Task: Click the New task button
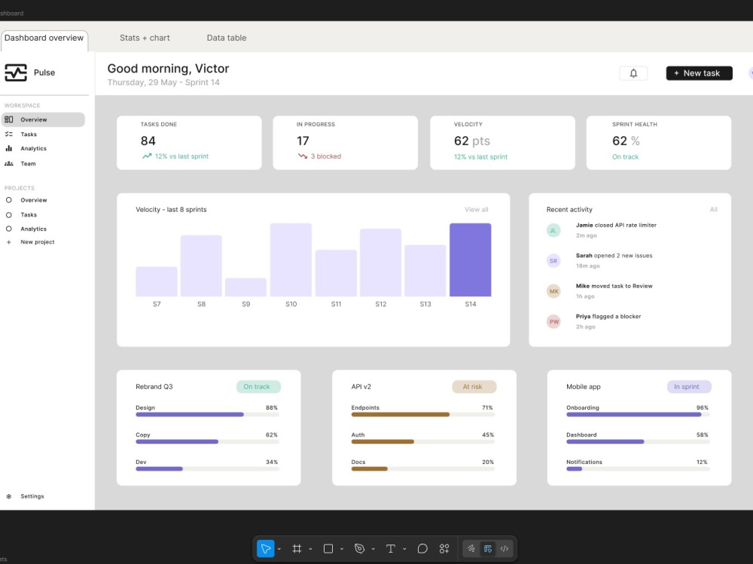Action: tap(699, 73)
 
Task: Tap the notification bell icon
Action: tap(633, 73)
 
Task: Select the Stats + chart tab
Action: tap(145, 38)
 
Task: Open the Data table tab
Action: tap(226, 38)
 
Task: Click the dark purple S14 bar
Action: tap(470, 259)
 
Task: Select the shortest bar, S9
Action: tap(246, 287)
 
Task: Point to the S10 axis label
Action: tap(291, 304)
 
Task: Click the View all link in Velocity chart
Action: tap(477, 210)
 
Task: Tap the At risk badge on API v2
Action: tap(474, 387)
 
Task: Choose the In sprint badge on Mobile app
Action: tap(689, 387)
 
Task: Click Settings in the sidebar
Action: tap(32, 496)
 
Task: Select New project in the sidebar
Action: tap(38, 242)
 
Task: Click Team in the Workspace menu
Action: tap(28, 163)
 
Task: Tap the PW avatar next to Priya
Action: tap(553, 321)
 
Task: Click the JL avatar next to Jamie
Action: tap(553, 230)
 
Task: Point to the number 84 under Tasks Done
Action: tap(148, 141)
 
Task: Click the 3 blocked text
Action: tap(325, 156)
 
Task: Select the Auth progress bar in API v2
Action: tap(422, 441)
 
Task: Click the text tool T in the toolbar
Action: tap(390, 549)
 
